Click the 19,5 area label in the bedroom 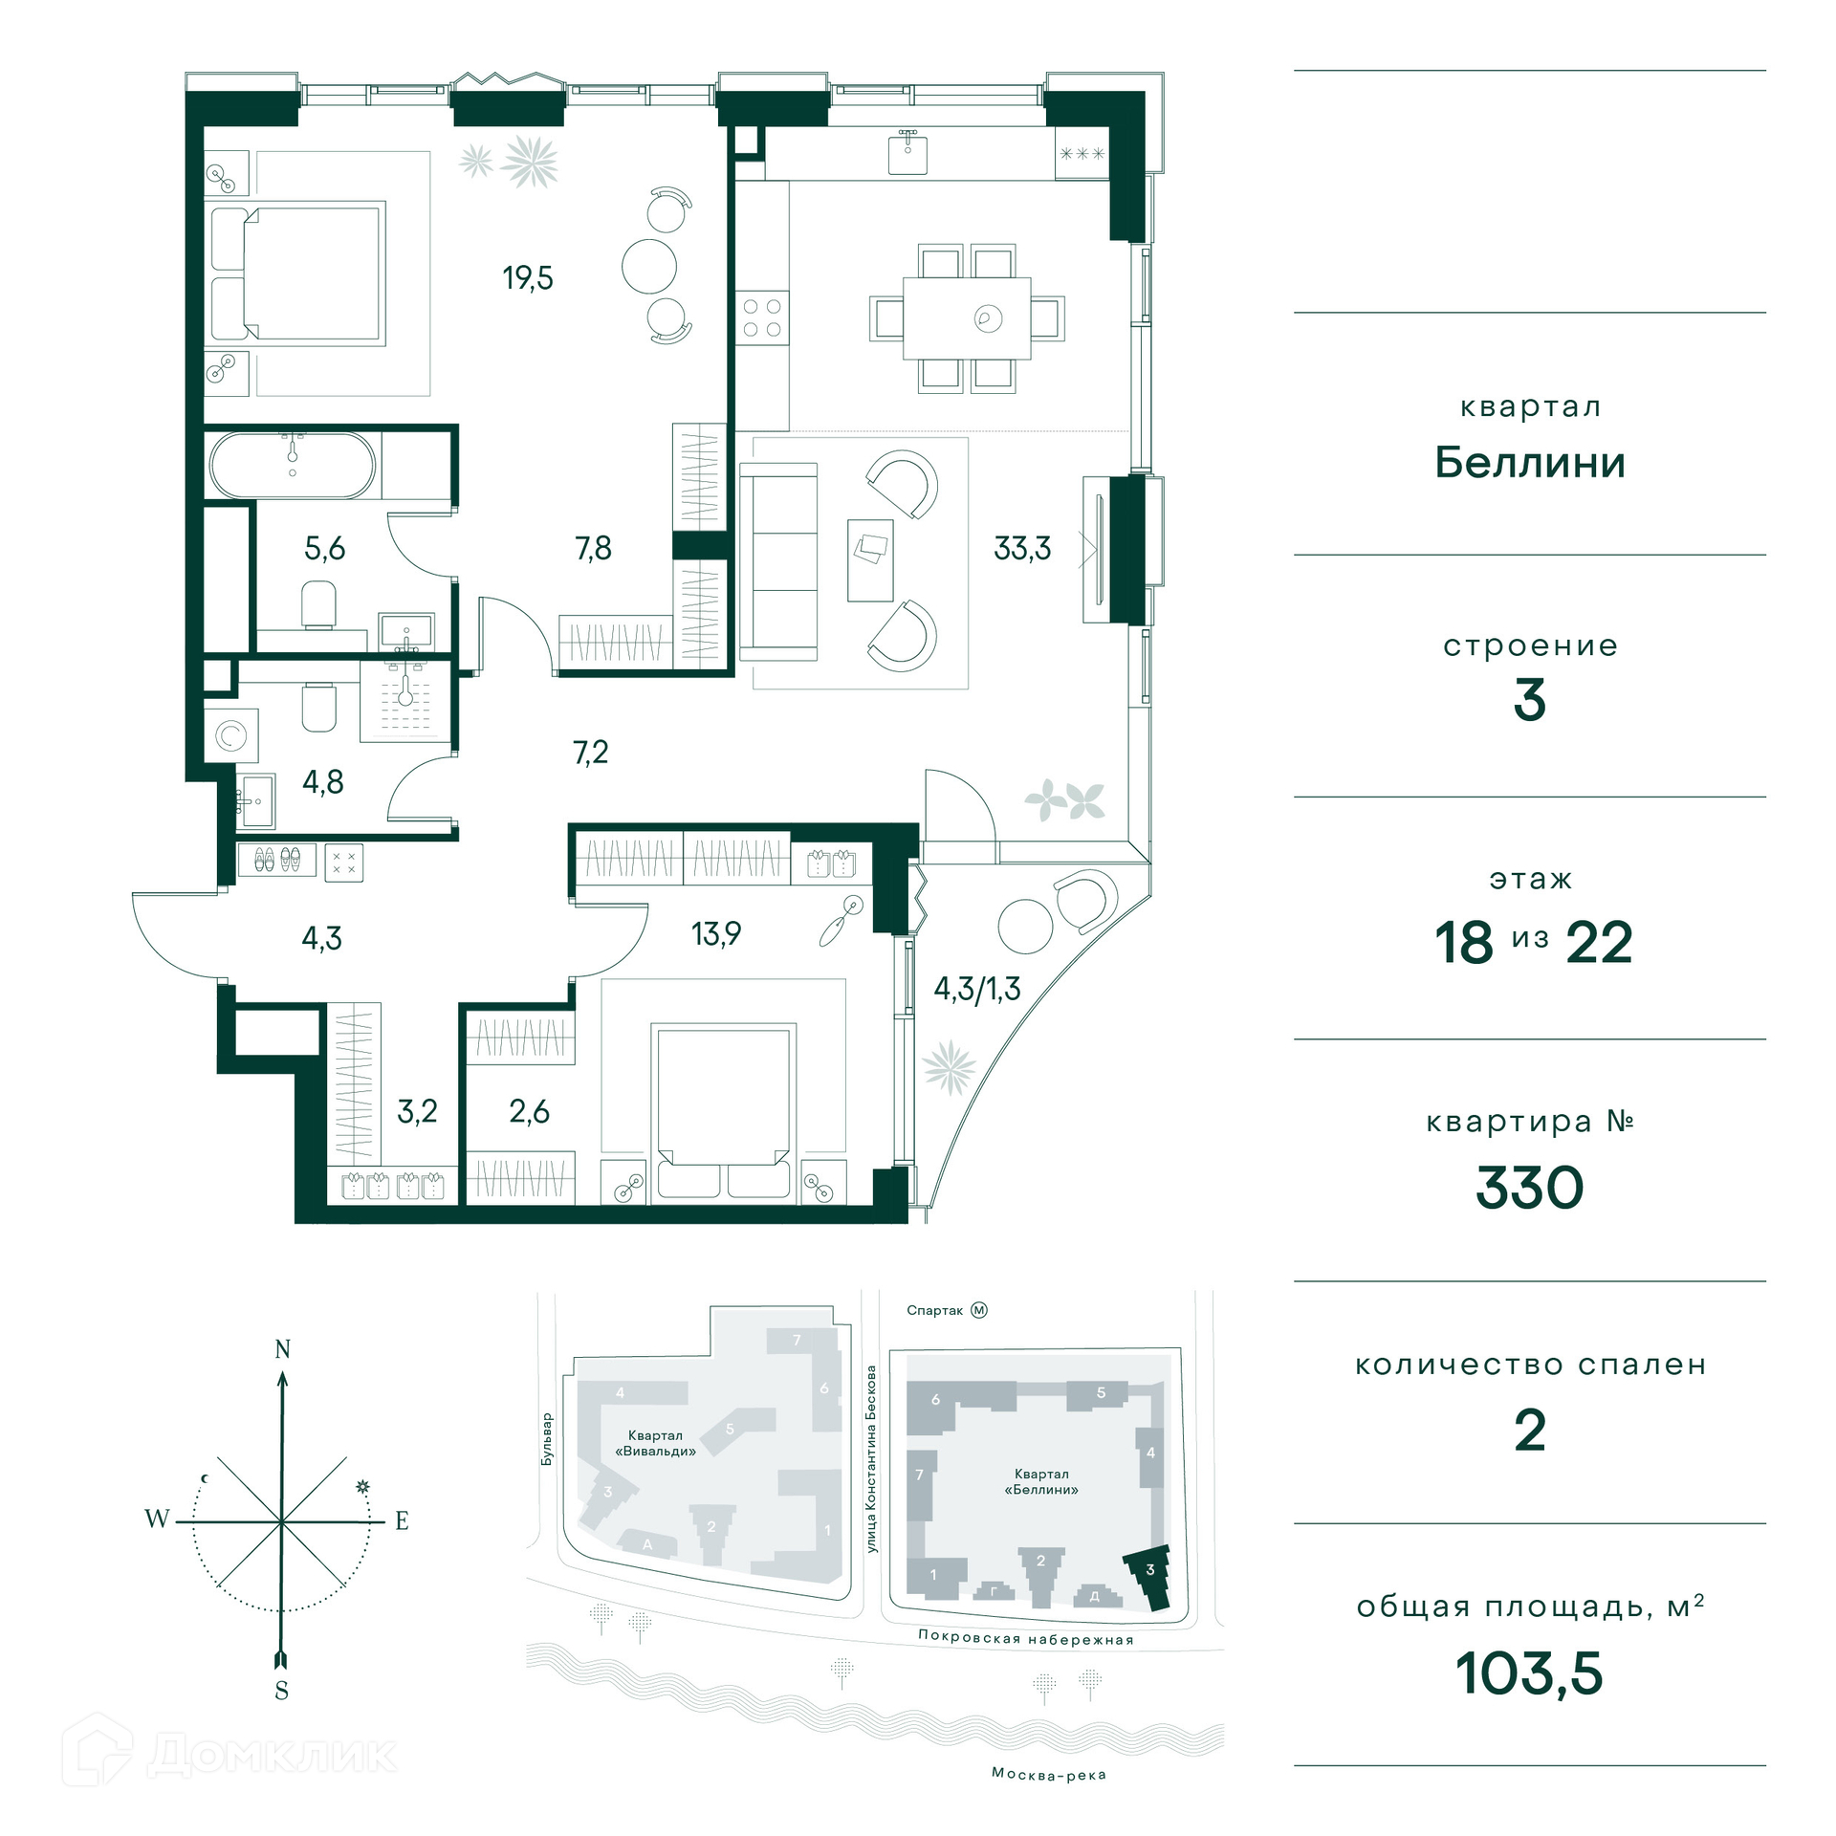pyautogui.click(x=528, y=278)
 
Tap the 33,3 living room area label pyautogui.click(x=1022, y=548)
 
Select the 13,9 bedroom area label pyautogui.click(x=716, y=933)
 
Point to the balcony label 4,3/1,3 pyautogui.click(x=977, y=989)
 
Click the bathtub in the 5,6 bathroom pyautogui.click(x=293, y=466)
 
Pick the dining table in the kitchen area pyautogui.click(x=967, y=318)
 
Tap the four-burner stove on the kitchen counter pyautogui.click(x=762, y=317)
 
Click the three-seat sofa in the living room pyautogui.click(x=778, y=562)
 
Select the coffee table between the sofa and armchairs pyautogui.click(x=870, y=560)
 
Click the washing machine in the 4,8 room pyautogui.click(x=230, y=736)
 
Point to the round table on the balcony pyautogui.click(x=1025, y=927)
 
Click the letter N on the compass pyautogui.click(x=282, y=1349)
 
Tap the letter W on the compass pyautogui.click(x=157, y=1518)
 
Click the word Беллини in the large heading pyautogui.click(x=1530, y=463)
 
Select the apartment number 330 pyautogui.click(x=1530, y=1188)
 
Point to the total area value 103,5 pyautogui.click(x=1529, y=1673)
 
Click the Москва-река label pyautogui.click(x=1049, y=1775)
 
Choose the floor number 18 pyautogui.click(x=1463, y=943)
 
